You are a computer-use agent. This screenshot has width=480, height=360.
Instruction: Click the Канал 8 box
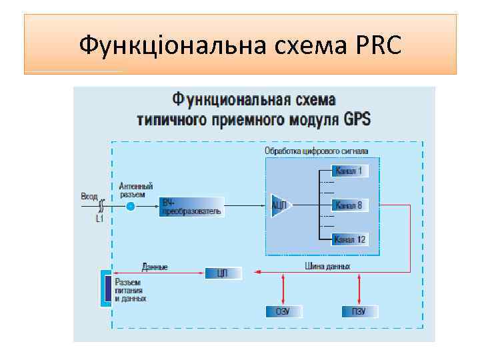(x=348, y=205)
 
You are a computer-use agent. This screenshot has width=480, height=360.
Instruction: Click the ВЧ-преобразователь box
(x=191, y=207)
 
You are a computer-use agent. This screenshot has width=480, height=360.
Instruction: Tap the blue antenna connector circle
(x=131, y=207)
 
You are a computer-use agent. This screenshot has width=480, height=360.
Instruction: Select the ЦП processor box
(x=223, y=273)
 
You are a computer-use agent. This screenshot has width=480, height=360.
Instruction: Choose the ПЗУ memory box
(x=360, y=311)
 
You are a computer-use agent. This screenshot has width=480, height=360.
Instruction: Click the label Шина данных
(x=327, y=266)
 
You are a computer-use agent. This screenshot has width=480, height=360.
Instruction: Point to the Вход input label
(x=89, y=196)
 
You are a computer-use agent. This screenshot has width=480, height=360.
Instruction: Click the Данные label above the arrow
(x=155, y=266)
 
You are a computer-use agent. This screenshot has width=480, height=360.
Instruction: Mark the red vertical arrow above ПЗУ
(x=360, y=289)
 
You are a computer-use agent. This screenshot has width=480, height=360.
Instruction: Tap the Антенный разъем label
(x=136, y=190)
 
